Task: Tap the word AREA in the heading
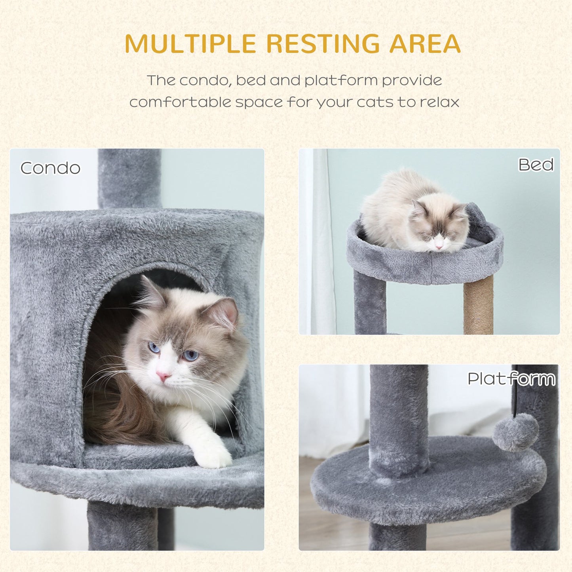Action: click(x=425, y=44)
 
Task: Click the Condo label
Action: click(x=50, y=168)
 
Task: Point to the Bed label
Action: click(x=536, y=165)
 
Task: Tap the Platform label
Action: click(x=511, y=379)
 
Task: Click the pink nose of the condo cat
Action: click(x=162, y=375)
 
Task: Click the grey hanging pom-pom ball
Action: click(x=515, y=432)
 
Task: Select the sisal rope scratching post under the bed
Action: click(x=478, y=305)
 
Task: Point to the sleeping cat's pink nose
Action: click(x=439, y=247)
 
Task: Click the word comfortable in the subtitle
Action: click(x=180, y=102)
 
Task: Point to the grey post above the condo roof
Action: click(x=129, y=178)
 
